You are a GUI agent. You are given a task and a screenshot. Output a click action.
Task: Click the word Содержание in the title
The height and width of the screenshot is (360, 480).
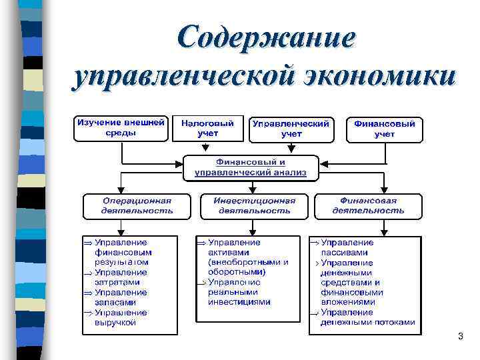266,37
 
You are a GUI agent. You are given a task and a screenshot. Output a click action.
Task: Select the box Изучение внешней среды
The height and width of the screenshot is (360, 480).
121,128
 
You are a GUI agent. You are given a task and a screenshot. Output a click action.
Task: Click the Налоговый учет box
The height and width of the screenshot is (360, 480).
208,128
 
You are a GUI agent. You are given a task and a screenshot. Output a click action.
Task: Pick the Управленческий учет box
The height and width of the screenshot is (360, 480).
291,129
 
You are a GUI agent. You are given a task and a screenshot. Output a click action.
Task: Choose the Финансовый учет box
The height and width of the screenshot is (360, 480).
384,129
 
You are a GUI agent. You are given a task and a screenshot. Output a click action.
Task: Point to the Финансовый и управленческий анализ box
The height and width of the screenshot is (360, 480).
251,167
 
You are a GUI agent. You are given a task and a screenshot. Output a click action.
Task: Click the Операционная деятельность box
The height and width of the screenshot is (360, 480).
137,205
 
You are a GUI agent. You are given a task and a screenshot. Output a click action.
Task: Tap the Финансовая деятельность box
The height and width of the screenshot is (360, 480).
368,205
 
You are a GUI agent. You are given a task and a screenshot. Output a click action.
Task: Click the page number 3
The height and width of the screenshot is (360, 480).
460,337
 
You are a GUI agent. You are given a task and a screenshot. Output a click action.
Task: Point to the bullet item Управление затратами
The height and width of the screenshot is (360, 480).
121,277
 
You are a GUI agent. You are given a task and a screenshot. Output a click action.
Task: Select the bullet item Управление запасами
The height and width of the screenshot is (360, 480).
121,297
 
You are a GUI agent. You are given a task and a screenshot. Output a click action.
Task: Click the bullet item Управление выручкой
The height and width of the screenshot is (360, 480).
121,317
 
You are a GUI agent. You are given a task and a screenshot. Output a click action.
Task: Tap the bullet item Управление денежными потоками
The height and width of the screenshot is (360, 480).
367,317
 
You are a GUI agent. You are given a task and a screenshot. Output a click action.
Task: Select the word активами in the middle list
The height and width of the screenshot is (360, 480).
228,253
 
